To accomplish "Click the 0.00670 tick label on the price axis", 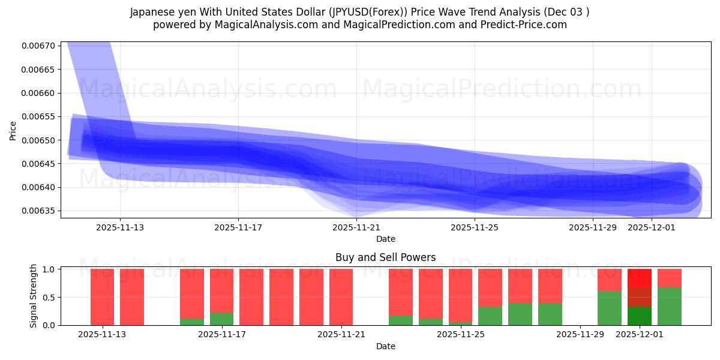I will pyautogui.click(x=38, y=46).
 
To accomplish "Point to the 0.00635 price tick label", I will pyautogui.click(x=38, y=211).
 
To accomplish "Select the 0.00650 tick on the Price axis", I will pyautogui.click(x=38, y=140).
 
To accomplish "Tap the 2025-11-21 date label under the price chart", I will pyautogui.click(x=356, y=227).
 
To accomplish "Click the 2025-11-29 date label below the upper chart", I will pyautogui.click(x=593, y=227).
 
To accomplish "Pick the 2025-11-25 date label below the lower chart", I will pyautogui.click(x=460, y=334).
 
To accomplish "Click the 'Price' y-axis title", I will pyautogui.click(x=13, y=130).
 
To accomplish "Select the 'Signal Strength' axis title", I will pyautogui.click(x=34, y=296).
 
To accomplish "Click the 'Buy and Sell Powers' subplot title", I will pyautogui.click(x=385, y=257).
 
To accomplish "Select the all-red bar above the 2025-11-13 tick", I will pyautogui.click(x=102, y=297).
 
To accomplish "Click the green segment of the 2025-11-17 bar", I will pyautogui.click(x=221, y=319).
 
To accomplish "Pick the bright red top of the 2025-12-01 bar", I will pyautogui.click(x=639, y=278).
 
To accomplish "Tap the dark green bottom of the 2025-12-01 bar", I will pyautogui.click(x=639, y=316).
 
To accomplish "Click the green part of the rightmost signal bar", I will pyautogui.click(x=669, y=306).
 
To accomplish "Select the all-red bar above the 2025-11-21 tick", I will pyautogui.click(x=341, y=297).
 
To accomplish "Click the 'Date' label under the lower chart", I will pyautogui.click(x=385, y=346).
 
